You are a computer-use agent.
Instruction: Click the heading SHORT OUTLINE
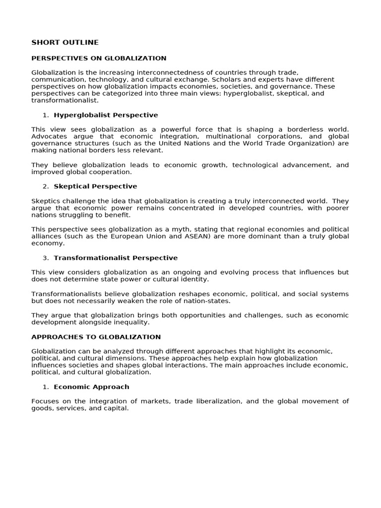pyautogui.click(x=65, y=43)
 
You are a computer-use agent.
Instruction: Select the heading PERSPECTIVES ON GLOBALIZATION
pyautogui.click(x=99, y=58)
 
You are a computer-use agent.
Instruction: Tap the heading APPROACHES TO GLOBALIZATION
pyautogui.click(x=96, y=337)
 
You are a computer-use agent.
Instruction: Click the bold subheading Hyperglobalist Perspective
pyautogui.click(x=106, y=115)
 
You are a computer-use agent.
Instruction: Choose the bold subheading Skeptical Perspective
pyautogui.click(x=95, y=187)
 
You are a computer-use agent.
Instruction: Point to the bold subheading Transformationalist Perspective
pyautogui.click(x=116, y=258)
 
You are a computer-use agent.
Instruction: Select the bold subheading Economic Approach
pyautogui.click(x=91, y=387)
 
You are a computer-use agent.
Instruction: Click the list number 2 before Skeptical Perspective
pyautogui.click(x=45, y=187)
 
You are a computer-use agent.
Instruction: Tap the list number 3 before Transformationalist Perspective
pyautogui.click(x=45, y=258)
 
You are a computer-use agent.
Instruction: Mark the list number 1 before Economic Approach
pyautogui.click(x=45, y=387)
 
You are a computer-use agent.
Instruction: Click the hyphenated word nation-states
pyautogui.click(x=207, y=301)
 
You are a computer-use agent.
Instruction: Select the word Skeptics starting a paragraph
pyautogui.click(x=45, y=201)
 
